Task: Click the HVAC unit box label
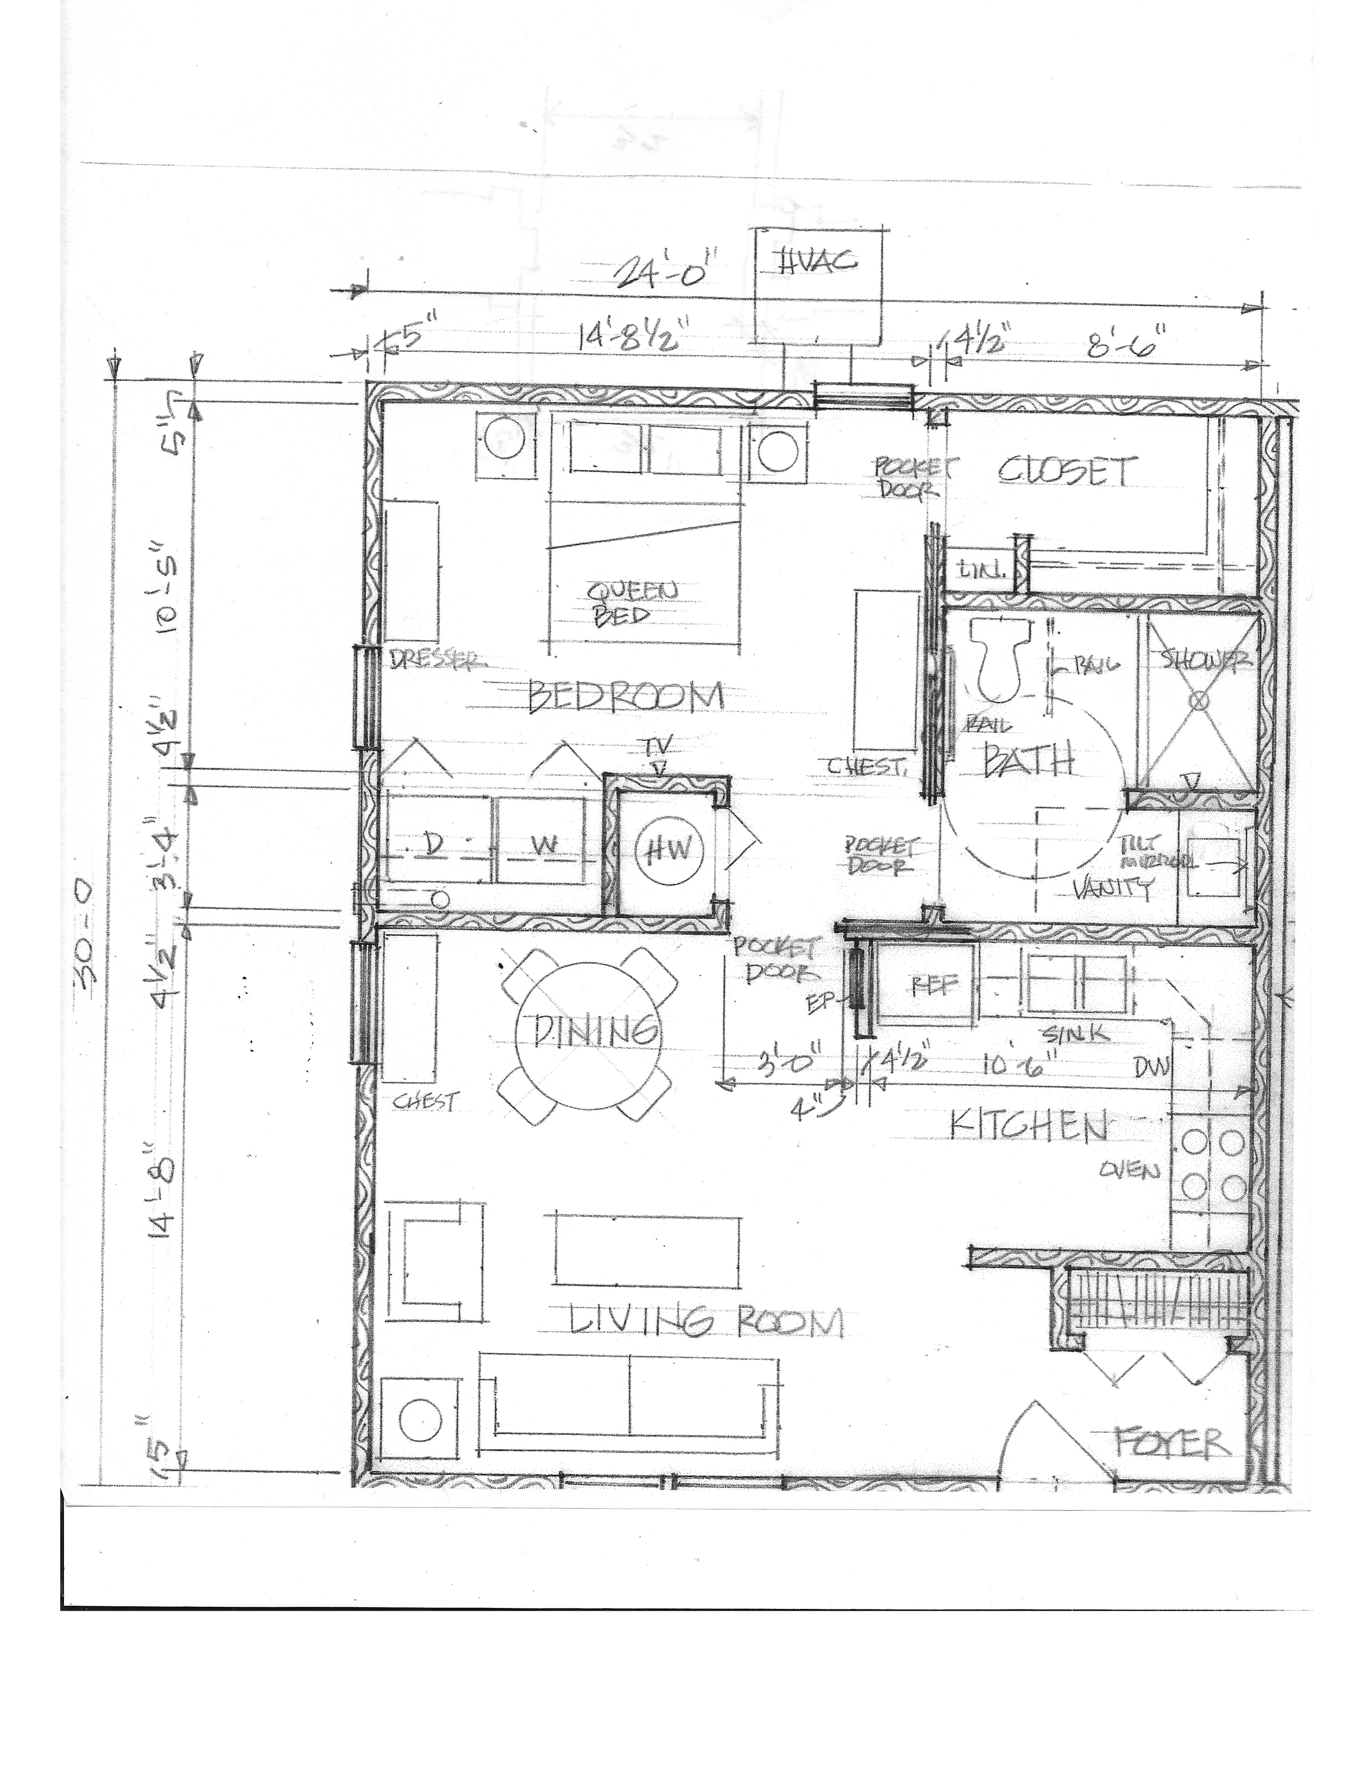[x=819, y=262]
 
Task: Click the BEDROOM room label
[x=625, y=697]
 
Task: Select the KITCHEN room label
[x=1027, y=1127]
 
